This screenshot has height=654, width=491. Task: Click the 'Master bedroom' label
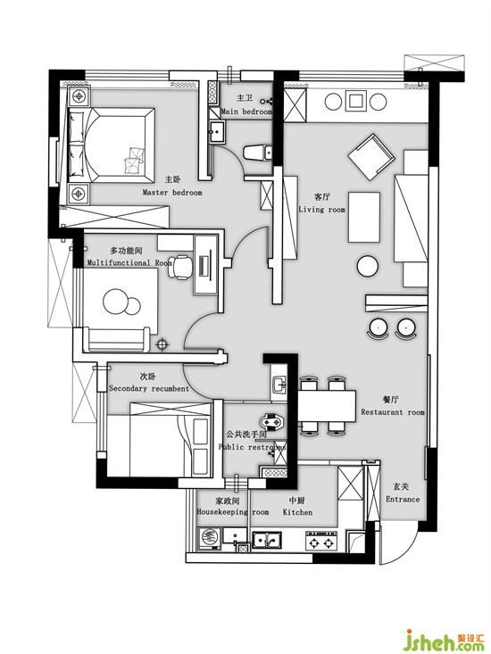pos(172,193)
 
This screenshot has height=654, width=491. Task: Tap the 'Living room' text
pos(321,210)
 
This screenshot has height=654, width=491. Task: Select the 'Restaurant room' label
pos(393,412)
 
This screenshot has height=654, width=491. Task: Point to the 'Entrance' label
pos(403,500)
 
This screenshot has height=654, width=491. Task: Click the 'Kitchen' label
pos(297,512)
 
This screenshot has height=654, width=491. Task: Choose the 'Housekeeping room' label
pos(233,512)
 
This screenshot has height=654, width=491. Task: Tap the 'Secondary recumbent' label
pos(149,389)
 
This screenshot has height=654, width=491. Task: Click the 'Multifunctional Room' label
pos(129,263)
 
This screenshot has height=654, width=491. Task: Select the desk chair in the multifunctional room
pos(180,267)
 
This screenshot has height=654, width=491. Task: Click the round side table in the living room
pos(368,266)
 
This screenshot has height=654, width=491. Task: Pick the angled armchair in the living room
pos(371,157)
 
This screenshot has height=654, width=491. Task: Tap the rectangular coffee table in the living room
pos(364,217)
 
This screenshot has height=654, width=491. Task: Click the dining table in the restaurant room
pos(328,406)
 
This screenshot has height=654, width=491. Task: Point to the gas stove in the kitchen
pos(321,542)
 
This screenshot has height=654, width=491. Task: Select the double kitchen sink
pos(267,541)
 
